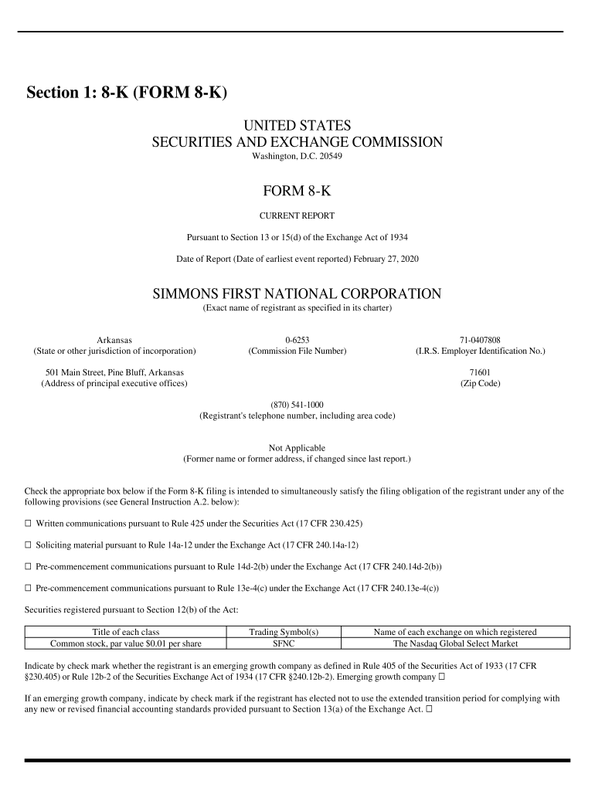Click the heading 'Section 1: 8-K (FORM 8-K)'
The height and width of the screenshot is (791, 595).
[x=127, y=93]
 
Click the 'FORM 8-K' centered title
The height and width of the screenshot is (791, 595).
[x=297, y=191]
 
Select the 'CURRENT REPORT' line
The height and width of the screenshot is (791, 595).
[x=297, y=216]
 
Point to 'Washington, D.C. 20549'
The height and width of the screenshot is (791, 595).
[x=297, y=156]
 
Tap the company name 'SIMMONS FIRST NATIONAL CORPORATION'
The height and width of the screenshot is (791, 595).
[x=297, y=294]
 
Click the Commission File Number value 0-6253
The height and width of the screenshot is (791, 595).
[x=297, y=340]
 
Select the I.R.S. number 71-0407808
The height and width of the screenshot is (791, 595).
[x=480, y=340]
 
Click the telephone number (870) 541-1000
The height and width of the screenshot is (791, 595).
[x=297, y=405]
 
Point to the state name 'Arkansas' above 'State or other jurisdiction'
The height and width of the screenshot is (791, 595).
[x=114, y=340]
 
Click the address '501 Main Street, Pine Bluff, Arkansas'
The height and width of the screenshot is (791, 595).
[x=114, y=372]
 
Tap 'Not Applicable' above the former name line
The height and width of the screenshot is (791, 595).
[x=297, y=448]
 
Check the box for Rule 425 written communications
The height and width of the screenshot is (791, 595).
[x=29, y=523]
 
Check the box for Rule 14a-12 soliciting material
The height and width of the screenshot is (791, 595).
[x=29, y=545]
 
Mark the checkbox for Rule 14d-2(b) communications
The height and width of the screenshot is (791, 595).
[x=29, y=566]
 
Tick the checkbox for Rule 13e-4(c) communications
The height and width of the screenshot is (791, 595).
[x=29, y=588]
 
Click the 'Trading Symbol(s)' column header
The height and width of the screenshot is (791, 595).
[x=284, y=632]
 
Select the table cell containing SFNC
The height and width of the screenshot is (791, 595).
[x=284, y=643]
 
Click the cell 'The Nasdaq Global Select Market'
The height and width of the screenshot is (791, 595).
[x=455, y=643]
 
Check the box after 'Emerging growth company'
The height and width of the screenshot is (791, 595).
[x=442, y=677]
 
